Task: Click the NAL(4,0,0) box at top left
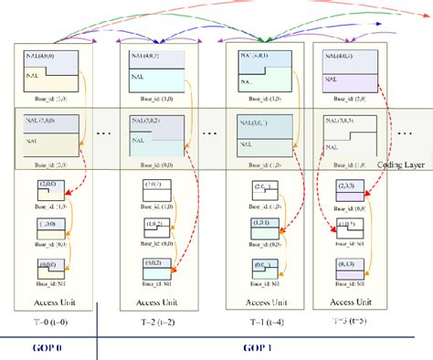[x=52, y=70]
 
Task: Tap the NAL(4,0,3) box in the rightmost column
[x=343, y=70]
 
